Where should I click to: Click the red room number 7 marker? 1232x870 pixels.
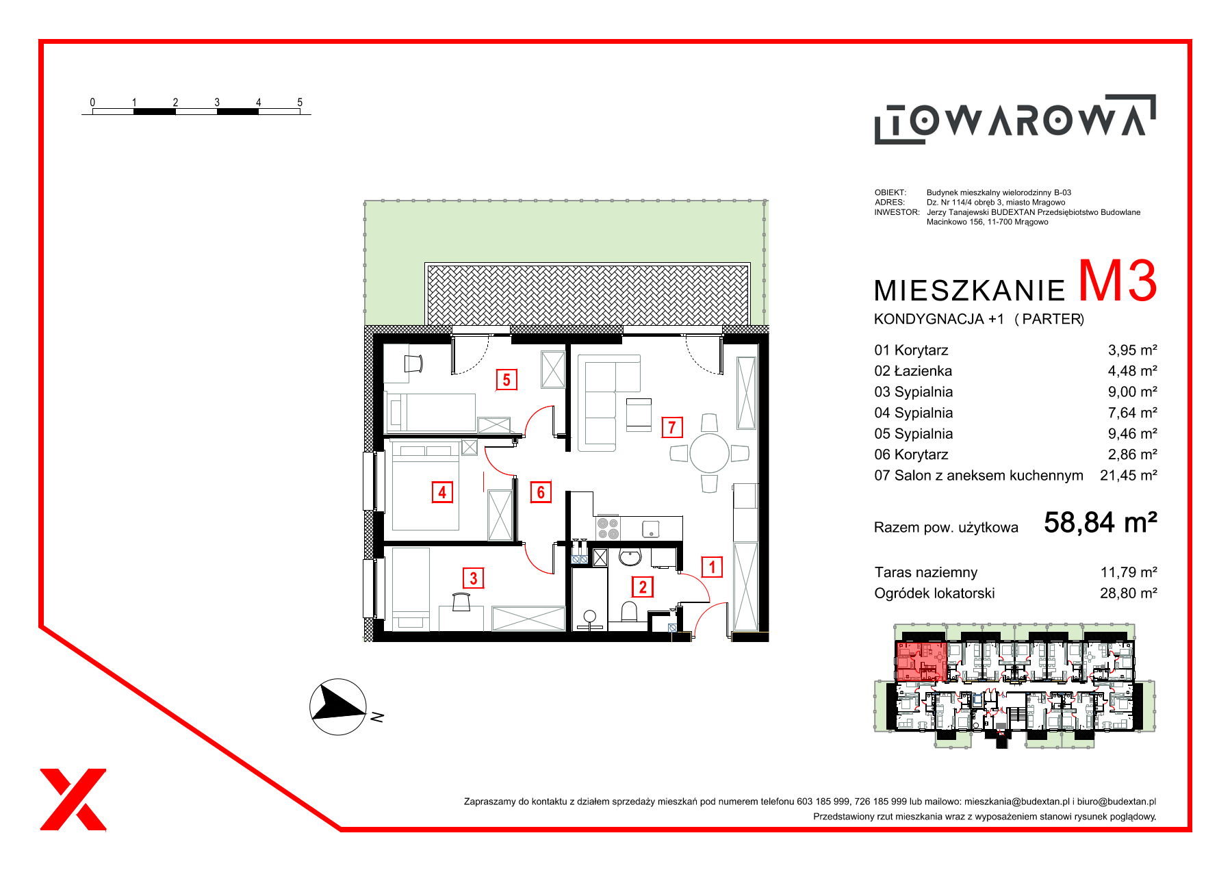tap(672, 428)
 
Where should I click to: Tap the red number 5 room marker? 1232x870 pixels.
tap(506, 380)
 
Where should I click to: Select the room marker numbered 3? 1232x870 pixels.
tap(474, 578)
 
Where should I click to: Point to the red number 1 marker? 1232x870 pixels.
tap(713, 567)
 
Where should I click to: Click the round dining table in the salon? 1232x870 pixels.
tap(710, 453)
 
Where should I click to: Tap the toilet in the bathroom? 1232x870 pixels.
tap(629, 610)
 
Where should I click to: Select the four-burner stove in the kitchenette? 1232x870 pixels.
tap(608, 528)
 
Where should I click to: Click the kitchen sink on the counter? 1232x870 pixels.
tap(650, 529)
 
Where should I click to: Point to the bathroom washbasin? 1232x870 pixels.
tap(630, 558)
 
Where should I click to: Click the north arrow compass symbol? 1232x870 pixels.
tap(338, 707)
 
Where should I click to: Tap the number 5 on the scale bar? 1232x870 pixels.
tap(300, 102)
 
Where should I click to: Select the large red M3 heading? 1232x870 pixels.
tap(1117, 281)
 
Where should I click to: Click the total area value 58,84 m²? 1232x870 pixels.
tap(1100, 522)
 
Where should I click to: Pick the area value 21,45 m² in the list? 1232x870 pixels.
tap(1128, 475)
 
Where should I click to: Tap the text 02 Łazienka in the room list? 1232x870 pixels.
tap(913, 371)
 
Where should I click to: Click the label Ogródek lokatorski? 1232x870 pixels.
tap(934, 593)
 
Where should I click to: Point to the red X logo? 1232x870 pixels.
tap(73, 799)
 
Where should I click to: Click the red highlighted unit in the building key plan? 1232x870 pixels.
tap(921, 661)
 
